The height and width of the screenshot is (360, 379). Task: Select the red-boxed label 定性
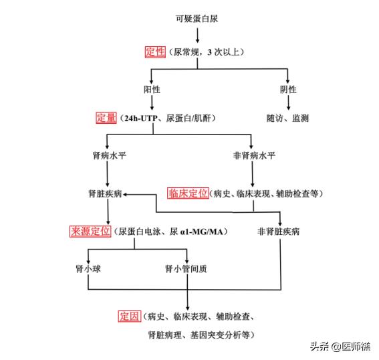[155, 51]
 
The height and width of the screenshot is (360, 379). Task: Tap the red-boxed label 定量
[106, 118]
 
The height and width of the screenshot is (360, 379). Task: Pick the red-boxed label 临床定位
[188, 193]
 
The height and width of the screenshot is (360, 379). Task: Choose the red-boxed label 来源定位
[90, 232]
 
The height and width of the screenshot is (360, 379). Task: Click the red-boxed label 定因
[130, 316]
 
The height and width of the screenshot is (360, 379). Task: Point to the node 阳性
[153, 89]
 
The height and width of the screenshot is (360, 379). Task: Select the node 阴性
[288, 89]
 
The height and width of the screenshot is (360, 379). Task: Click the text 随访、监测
[287, 118]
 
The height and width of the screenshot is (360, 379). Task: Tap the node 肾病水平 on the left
[108, 156]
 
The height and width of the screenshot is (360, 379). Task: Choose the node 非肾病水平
[253, 156]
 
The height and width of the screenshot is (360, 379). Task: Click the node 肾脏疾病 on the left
[106, 193]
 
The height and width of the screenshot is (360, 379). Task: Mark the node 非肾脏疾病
[278, 232]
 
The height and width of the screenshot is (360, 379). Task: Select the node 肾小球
[90, 269]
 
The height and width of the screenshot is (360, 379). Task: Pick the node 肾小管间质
[186, 269]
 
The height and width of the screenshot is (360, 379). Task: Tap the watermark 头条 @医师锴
[339, 346]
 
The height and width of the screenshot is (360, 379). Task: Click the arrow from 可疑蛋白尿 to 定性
[197, 35]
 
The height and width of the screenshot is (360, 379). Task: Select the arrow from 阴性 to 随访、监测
[288, 103]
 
